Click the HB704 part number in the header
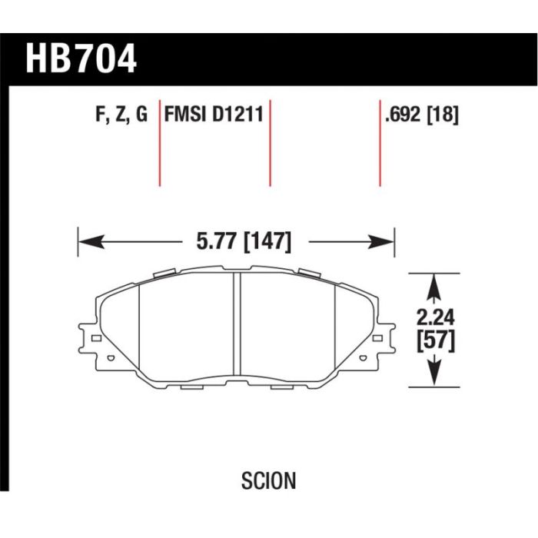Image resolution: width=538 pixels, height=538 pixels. (81, 59)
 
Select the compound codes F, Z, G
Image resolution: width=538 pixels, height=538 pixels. (121, 115)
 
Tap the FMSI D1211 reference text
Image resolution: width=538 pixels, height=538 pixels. (214, 114)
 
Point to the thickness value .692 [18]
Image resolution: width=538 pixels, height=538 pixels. (422, 115)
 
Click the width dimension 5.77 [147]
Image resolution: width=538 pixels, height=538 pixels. (244, 241)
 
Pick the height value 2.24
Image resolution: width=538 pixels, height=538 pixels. (436, 317)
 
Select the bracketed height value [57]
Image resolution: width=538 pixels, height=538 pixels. (436, 340)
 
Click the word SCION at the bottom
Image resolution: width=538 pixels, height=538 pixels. (269, 480)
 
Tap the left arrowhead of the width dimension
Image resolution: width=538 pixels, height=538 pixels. (91, 242)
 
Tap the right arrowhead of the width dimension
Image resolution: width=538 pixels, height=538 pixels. (382, 242)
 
